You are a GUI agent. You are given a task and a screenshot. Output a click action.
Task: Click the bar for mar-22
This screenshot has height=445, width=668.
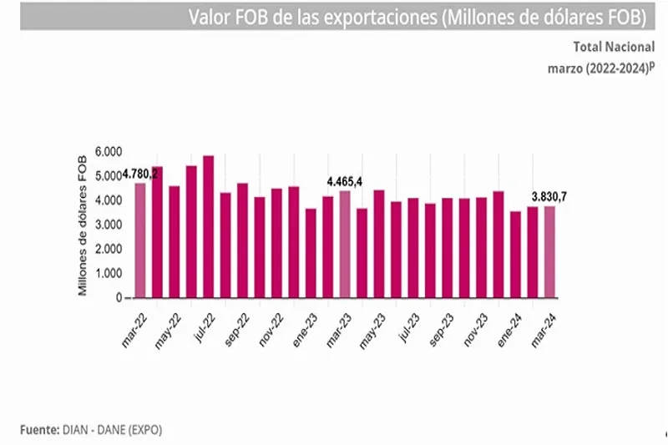pyautogui.click(x=139, y=240)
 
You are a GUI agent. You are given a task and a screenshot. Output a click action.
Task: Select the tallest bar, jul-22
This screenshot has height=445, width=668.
pyautogui.click(x=208, y=226)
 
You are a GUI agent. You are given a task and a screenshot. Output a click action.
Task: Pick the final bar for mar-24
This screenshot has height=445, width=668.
pyautogui.click(x=549, y=251)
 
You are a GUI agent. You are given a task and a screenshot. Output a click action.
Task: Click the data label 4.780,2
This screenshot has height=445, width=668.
pyautogui.click(x=141, y=174)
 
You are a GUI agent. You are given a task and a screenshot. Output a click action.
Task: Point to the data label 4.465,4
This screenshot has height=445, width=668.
pyautogui.click(x=345, y=181)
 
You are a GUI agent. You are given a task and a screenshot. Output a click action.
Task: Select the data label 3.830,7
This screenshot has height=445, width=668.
pyautogui.click(x=549, y=196)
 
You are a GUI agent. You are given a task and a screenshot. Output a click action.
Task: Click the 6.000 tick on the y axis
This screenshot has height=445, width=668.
pyautogui.click(x=108, y=151)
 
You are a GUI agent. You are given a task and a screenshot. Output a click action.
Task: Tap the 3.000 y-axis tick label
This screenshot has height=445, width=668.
pyautogui.click(x=108, y=225)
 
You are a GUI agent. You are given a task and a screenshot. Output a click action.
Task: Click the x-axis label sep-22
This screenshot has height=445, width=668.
pyautogui.click(x=238, y=328)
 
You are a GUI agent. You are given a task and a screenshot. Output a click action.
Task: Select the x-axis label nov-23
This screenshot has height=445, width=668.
pyautogui.click(x=477, y=328)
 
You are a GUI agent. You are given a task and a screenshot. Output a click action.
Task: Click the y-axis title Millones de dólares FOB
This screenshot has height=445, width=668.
pyautogui.click(x=83, y=225)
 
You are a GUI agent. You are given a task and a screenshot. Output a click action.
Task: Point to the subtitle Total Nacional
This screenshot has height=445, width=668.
pyautogui.click(x=614, y=48)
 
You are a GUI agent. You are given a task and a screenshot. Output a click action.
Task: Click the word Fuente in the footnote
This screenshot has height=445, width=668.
pyautogui.click(x=38, y=429)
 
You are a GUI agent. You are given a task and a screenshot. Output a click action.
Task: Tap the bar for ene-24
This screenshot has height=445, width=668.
pyautogui.click(x=515, y=255)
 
